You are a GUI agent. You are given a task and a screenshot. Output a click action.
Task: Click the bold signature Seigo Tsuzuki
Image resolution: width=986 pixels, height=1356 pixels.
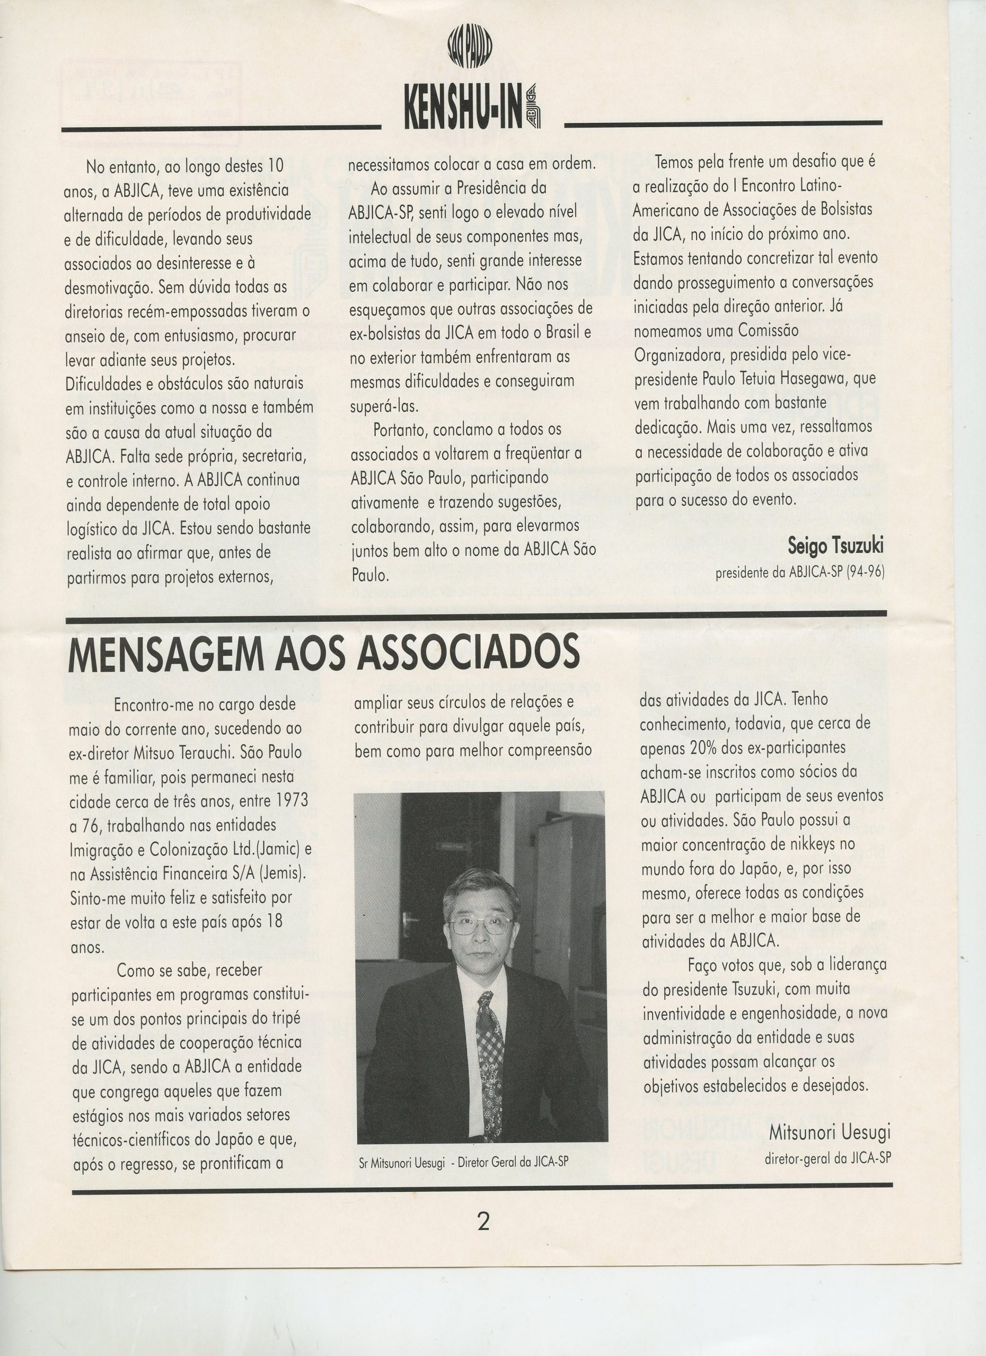(x=835, y=546)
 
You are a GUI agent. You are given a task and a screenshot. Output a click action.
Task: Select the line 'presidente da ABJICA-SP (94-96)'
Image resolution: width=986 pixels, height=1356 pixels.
(x=799, y=572)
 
